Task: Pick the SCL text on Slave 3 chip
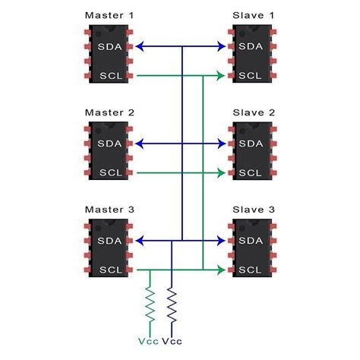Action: point(251,270)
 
